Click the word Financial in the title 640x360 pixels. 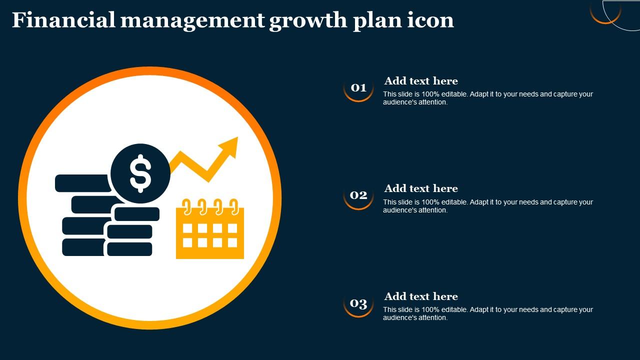pos(63,20)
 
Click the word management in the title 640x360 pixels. pos(192,20)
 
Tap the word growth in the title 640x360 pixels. pos(308,21)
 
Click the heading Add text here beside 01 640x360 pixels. pos(421,81)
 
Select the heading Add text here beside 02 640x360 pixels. pos(421,188)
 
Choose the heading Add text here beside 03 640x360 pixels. pos(421,296)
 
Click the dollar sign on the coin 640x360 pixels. pos(140,173)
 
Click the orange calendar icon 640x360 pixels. pos(210,229)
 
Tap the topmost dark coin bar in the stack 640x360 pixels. pos(83,183)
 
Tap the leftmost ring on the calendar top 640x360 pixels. pos(186,206)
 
